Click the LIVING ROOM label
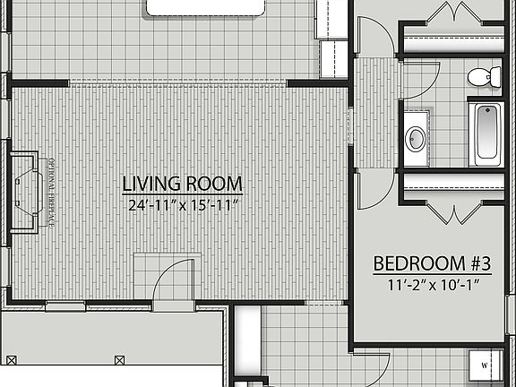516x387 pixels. coord(182,185)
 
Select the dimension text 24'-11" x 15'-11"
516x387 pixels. coord(182,205)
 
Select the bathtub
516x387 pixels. coord(487,133)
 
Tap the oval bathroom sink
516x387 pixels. coord(416,139)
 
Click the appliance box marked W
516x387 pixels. coord(485,365)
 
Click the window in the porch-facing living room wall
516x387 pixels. coord(65,305)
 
